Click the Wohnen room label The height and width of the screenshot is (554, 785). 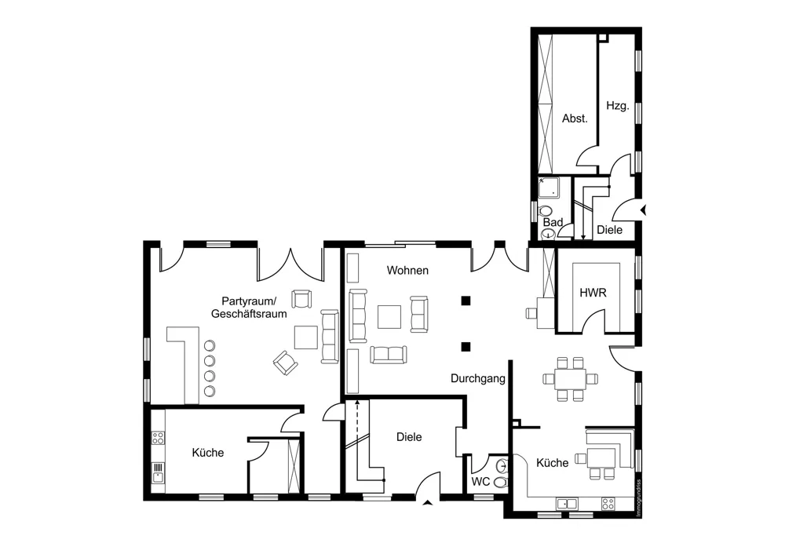tap(407, 270)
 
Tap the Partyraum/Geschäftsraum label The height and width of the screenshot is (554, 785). tap(249, 308)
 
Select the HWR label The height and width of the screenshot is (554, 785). tap(593, 293)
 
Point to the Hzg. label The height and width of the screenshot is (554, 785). tap(617, 106)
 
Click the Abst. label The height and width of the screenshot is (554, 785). tap(575, 118)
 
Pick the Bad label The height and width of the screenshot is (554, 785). tap(553, 222)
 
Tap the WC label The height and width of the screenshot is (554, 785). tap(480, 482)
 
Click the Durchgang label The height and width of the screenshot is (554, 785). tap(478, 379)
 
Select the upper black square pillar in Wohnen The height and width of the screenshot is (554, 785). tap(466, 301)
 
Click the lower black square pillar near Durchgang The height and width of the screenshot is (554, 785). tap(466, 346)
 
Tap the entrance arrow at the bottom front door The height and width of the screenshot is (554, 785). tap(427, 503)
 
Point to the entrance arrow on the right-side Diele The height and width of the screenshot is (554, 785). tap(644, 210)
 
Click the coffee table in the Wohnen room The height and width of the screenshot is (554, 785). tap(389, 317)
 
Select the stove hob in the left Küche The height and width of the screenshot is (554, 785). tap(158, 438)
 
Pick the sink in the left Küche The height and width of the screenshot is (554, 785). tap(158, 472)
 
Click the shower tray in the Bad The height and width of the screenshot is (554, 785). tap(549, 188)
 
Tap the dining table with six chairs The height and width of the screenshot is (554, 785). tap(570, 379)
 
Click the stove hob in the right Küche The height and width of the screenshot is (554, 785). tap(608, 504)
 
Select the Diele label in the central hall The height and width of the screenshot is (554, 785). tap(409, 437)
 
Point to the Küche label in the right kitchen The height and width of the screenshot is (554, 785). tap(552, 463)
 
